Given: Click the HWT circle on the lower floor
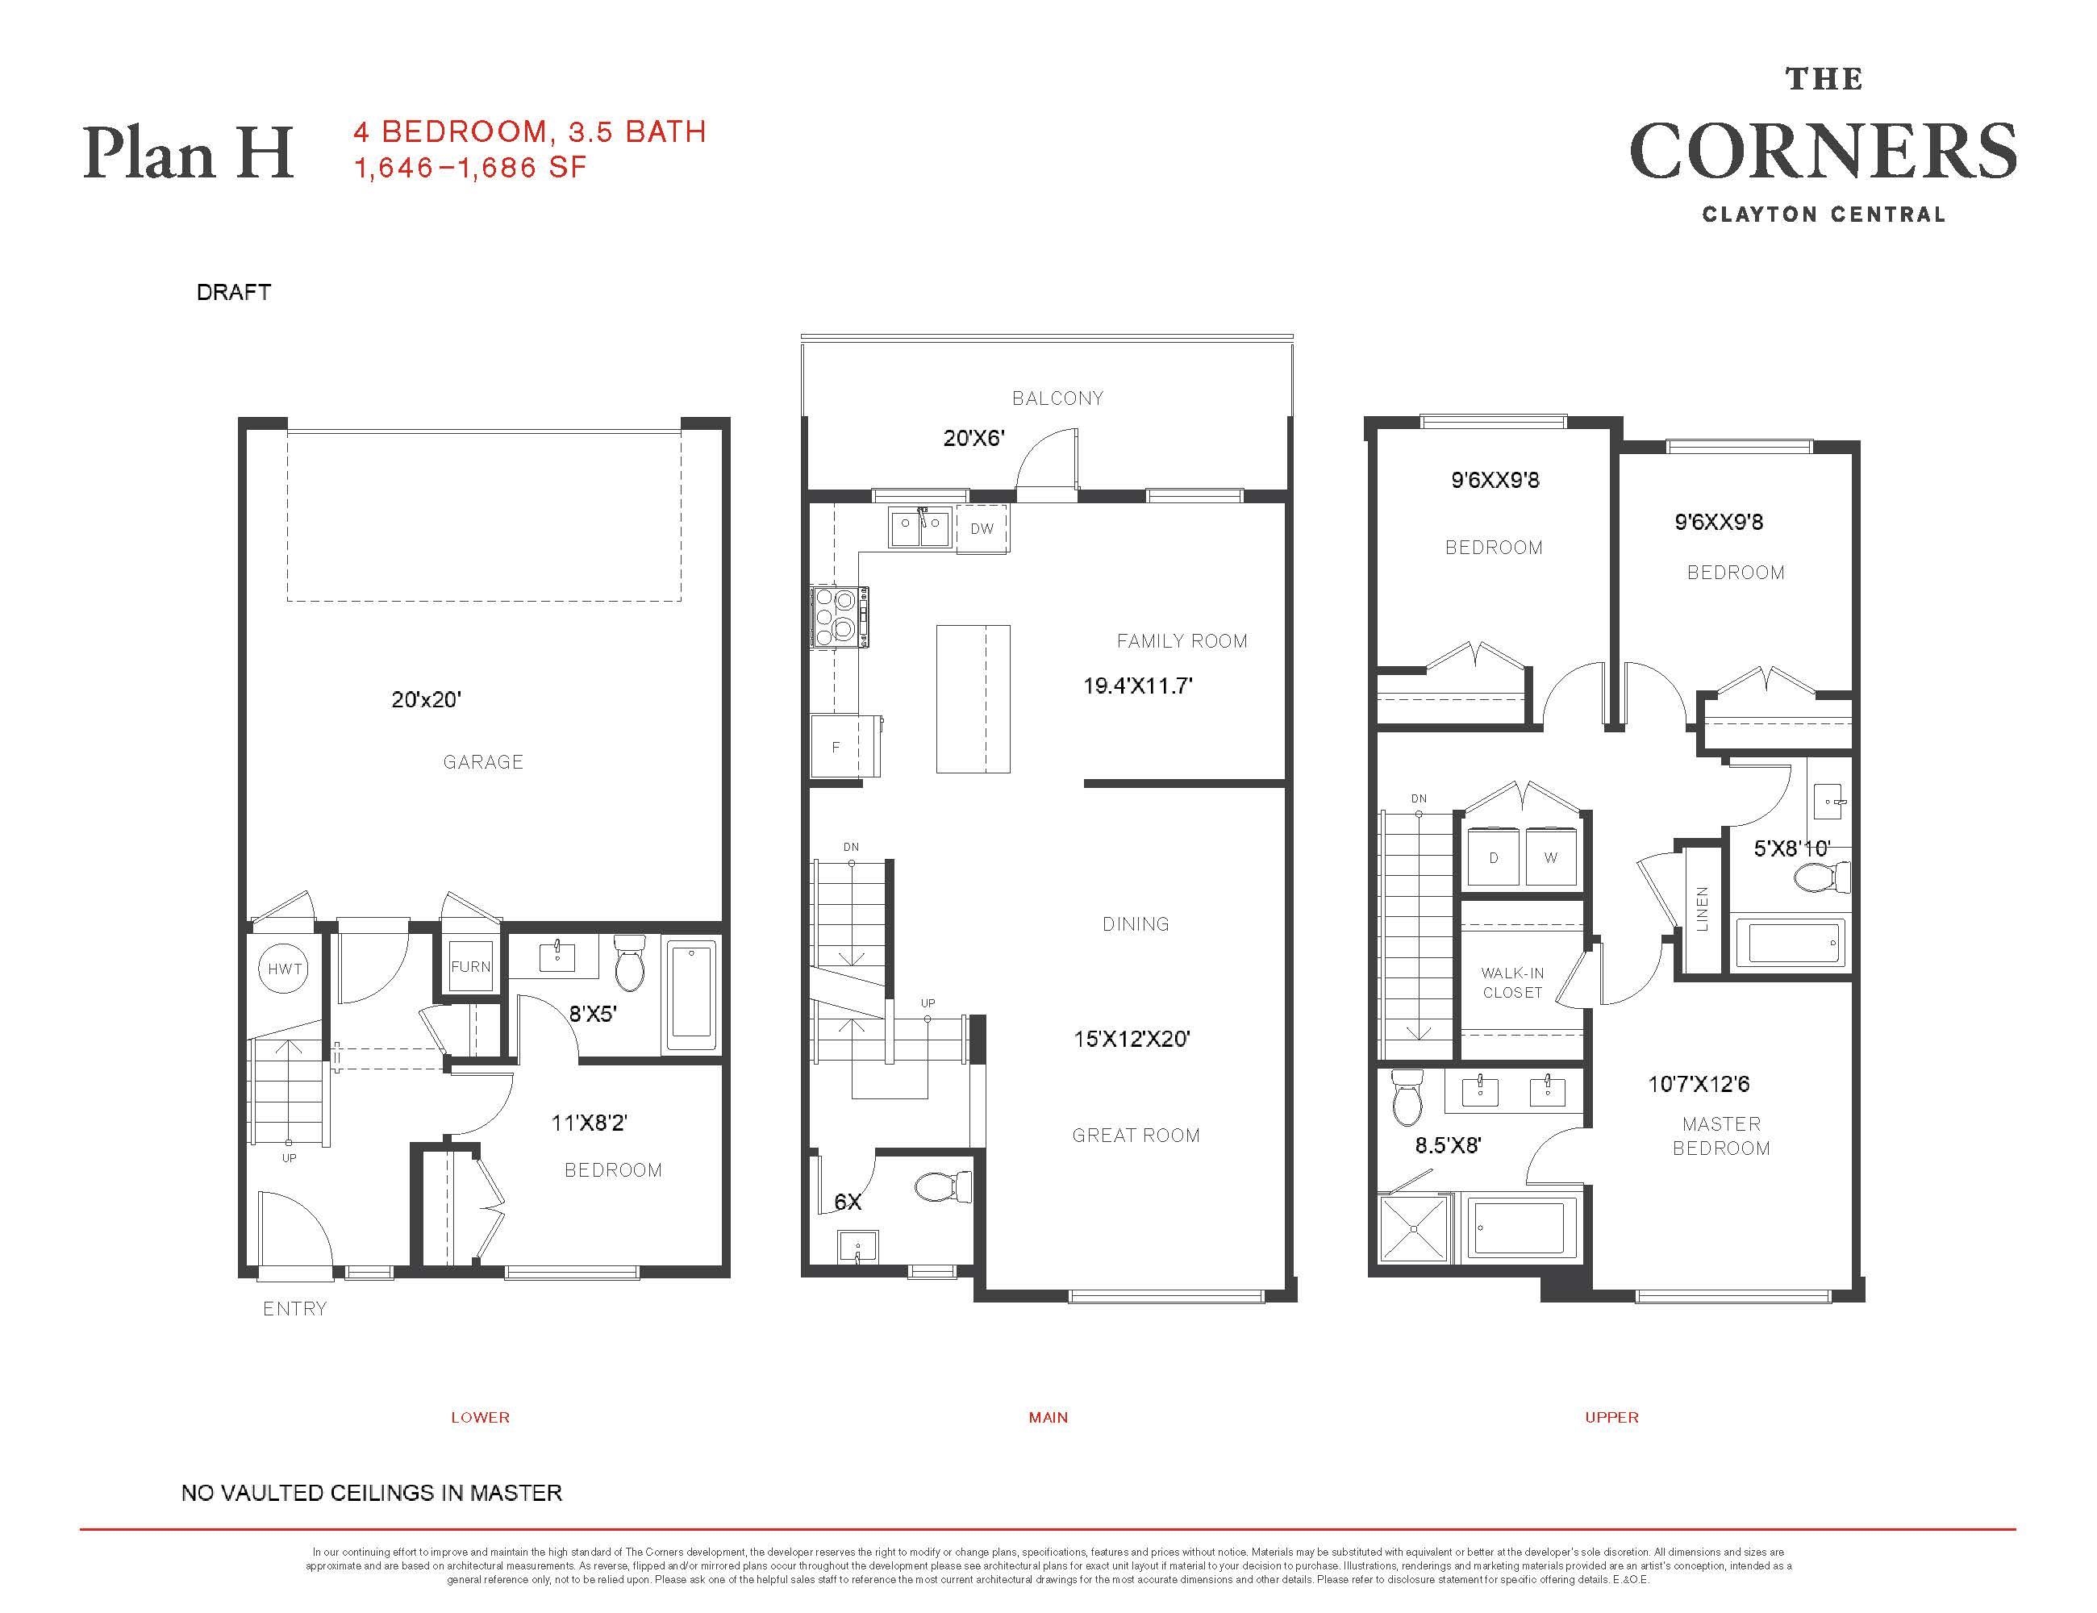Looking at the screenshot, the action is tap(286, 969).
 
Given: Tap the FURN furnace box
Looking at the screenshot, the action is tap(470, 966).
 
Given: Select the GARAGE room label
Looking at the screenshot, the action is tap(483, 762).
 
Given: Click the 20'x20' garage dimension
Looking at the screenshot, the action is tap(427, 700).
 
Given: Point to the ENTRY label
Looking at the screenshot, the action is tap(294, 1309).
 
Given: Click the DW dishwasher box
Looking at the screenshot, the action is tap(982, 529).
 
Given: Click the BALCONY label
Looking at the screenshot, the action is tap(1057, 398).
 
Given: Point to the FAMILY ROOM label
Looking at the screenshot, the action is tap(1182, 641).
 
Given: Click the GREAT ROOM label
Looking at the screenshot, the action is tap(1136, 1136).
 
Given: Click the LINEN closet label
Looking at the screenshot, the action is tap(1703, 908).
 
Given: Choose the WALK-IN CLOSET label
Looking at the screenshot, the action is tap(1512, 983).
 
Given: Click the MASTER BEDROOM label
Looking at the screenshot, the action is tap(1720, 1136).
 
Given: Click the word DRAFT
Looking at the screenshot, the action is tap(233, 292).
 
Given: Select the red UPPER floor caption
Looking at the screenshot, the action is tap(1612, 1417).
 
